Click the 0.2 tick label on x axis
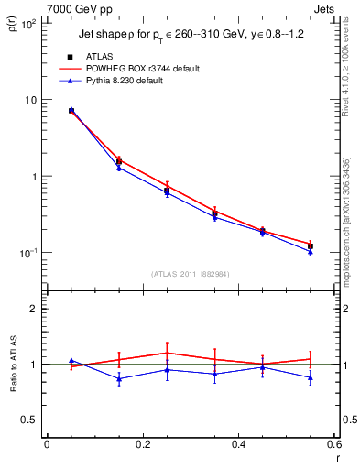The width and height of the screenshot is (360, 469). pyautogui.click(x=142, y=444)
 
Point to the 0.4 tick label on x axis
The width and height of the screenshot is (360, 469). pyautogui.click(x=237, y=444)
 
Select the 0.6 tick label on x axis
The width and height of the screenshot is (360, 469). pyautogui.click(x=333, y=444)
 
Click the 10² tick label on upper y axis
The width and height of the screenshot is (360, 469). pyautogui.click(x=29, y=24)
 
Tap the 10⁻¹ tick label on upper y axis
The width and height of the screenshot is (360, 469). pyautogui.click(x=29, y=253)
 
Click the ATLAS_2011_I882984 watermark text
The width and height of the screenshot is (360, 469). pyautogui.click(x=190, y=273)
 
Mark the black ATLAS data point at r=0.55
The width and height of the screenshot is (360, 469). pyautogui.click(x=310, y=246)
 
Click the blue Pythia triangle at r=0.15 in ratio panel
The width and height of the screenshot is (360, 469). pyautogui.click(x=119, y=379)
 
